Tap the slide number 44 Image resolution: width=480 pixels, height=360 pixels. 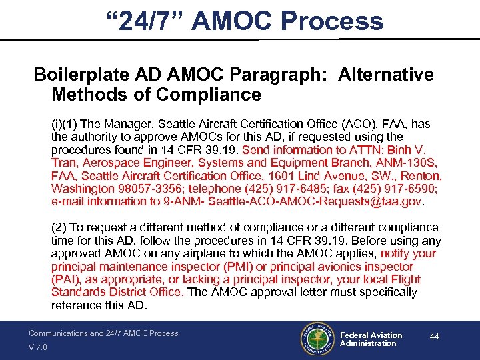point(434,337)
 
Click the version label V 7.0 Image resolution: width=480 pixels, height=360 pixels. point(39,347)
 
